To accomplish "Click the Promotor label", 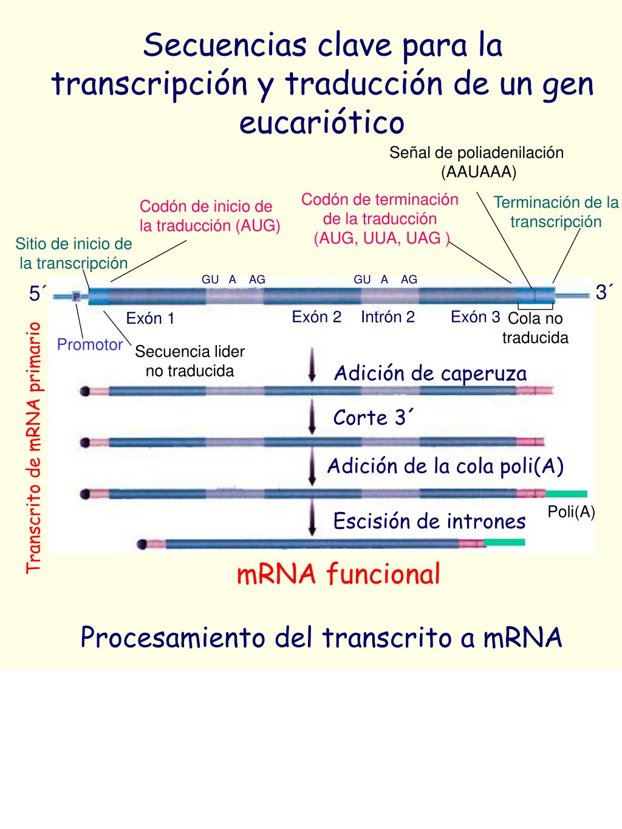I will [90, 345].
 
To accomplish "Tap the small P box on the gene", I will [77, 296].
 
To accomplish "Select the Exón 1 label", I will [150, 318].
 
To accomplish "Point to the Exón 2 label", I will [316, 316].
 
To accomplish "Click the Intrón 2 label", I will [388, 316].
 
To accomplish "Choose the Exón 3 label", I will [476, 316].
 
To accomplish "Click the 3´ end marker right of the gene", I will [604, 293].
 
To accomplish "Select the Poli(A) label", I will [571, 512].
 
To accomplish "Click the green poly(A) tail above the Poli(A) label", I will [566, 494].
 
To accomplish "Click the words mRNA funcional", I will [338, 574].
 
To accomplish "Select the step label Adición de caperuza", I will [430, 373].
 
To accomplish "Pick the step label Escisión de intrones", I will [429, 521].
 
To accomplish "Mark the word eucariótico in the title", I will [321, 122].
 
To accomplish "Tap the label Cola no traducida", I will [535, 328].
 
